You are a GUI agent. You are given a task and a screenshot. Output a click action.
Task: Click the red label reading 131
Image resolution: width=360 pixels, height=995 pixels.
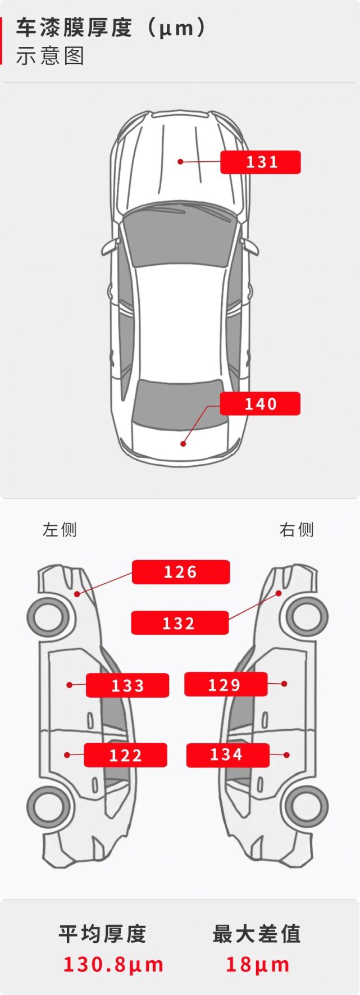pyautogui.click(x=261, y=162)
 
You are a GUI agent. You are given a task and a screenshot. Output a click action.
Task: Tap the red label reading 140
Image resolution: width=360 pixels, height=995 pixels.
pyautogui.click(x=260, y=404)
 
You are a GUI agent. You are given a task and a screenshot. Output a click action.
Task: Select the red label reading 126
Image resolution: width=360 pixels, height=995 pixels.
pyautogui.click(x=181, y=572)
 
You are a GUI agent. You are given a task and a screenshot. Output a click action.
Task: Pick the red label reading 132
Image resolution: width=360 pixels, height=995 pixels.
pyautogui.click(x=180, y=623)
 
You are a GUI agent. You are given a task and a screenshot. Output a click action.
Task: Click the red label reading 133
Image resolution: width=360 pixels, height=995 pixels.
pyautogui.click(x=127, y=685)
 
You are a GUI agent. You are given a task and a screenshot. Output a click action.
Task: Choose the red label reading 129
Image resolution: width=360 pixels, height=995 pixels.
pyautogui.click(x=226, y=684)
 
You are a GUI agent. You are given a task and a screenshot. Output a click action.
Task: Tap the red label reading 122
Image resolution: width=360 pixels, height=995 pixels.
pyautogui.click(x=126, y=755)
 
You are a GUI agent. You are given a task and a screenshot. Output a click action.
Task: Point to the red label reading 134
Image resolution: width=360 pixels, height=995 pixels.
pyautogui.click(x=227, y=755)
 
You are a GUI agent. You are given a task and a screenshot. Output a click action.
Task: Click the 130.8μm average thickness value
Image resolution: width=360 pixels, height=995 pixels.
pyautogui.click(x=113, y=964)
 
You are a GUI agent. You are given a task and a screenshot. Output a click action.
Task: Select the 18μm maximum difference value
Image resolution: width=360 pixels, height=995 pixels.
pyautogui.click(x=258, y=964)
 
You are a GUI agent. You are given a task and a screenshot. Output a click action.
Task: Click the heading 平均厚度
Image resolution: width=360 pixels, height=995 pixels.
pyautogui.click(x=103, y=934)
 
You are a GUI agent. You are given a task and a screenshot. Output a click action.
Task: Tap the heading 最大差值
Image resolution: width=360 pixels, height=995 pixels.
pyautogui.click(x=257, y=934)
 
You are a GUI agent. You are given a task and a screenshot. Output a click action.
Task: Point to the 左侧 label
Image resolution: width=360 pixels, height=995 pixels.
pyautogui.click(x=60, y=530)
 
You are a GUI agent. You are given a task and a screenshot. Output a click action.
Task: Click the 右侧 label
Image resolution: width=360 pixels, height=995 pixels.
pyautogui.click(x=297, y=530)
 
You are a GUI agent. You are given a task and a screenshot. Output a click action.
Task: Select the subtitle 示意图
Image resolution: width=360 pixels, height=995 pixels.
pyautogui.click(x=50, y=56)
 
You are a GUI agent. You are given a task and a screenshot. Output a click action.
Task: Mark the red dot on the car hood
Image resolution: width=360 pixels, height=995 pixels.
pyautogui.click(x=180, y=162)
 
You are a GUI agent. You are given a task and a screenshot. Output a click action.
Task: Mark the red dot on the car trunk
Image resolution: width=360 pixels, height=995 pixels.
pyautogui.click(x=183, y=444)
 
